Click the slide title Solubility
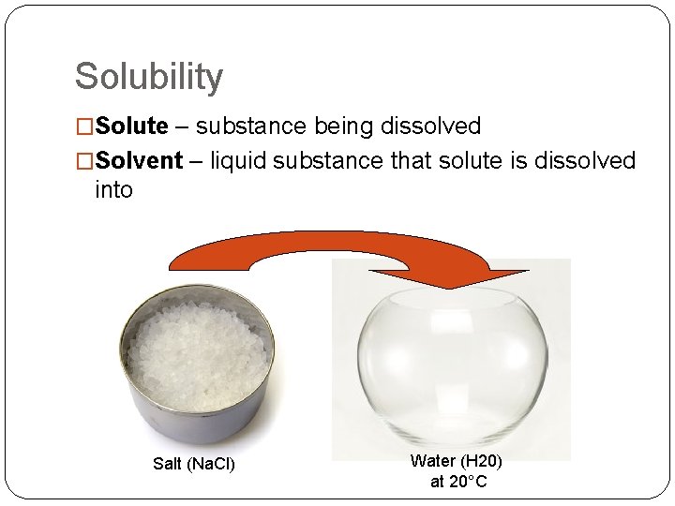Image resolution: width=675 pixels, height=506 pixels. [149, 77]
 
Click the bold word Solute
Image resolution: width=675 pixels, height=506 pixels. [131, 126]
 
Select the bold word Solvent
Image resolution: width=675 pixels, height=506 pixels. [138, 161]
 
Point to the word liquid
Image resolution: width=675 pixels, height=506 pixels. [237, 161]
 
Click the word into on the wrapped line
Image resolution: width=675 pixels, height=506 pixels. [113, 190]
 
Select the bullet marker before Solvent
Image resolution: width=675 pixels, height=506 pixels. [84, 162]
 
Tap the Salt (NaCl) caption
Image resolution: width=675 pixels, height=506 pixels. [193, 463]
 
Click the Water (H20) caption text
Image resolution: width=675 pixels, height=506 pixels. [456, 461]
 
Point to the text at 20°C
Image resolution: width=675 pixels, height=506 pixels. [458, 482]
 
